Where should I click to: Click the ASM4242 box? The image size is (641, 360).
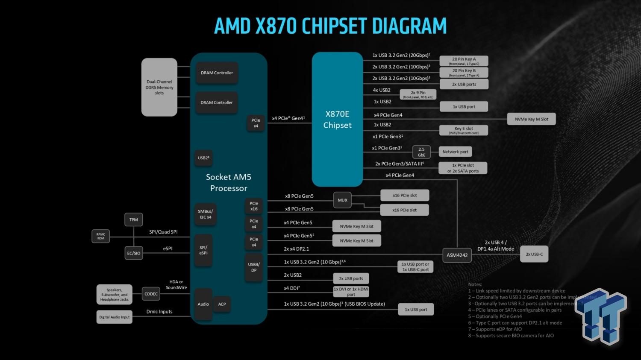click(457, 255)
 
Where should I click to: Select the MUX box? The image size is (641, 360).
click(342, 200)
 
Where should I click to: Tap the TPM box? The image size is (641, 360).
click(134, 220)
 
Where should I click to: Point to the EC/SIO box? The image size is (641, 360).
click(134, 253)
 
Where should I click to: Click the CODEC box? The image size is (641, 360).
click(151, 294)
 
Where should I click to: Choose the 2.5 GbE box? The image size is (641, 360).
click(421, 152)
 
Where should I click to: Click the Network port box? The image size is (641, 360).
click(455, 152)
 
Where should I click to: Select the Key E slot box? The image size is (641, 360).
click(464, 130)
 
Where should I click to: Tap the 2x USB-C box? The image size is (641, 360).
click(534, 254)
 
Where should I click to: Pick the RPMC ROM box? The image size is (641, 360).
click(101, 236)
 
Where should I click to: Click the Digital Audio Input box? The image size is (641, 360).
click(115, 317)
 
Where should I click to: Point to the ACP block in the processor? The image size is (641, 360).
click(222, 304)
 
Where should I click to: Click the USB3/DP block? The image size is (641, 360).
click(254, 267)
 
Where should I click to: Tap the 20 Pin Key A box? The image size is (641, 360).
click(464, 61)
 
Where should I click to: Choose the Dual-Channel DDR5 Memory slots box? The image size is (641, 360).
click(159, 87)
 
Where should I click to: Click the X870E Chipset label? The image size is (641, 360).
click(337, 120)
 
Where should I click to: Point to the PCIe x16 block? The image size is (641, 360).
click(254, 206)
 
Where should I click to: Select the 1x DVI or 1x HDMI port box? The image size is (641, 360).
click(351, 292)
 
